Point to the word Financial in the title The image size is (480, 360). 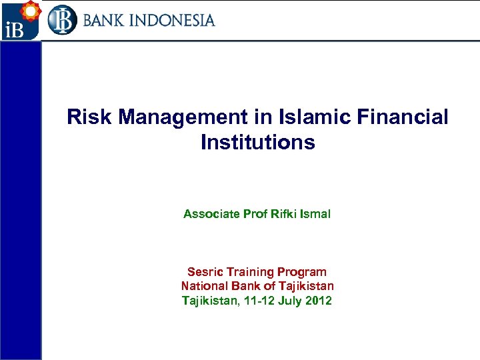point(405,118)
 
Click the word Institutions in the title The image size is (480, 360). point(257,142)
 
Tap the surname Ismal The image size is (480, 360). point(315,214)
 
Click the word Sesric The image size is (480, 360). point(204,271)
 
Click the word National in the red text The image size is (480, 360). point(204,286)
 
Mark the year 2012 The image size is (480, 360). point(319,301)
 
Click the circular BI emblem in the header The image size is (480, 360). point(62,20)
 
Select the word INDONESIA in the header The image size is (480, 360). point(171,20)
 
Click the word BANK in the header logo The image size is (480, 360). point(102,20)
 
